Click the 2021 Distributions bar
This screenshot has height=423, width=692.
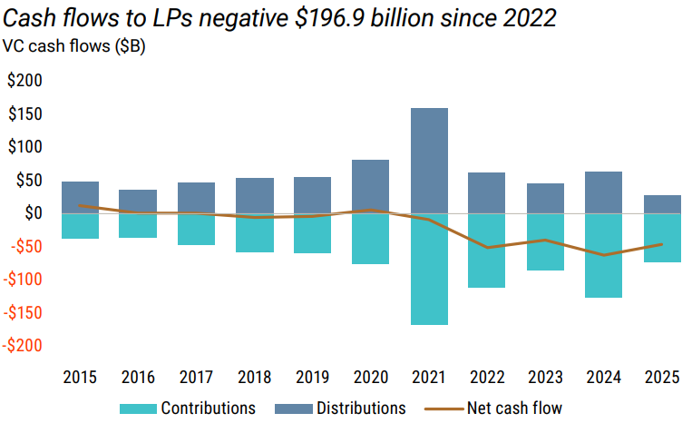coord(429,161)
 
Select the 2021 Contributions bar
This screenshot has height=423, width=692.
coord(429,269)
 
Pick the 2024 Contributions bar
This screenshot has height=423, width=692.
coord(603,255)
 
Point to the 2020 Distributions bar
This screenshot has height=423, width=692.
coord(371,186)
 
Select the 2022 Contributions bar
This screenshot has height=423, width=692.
coord(487,251)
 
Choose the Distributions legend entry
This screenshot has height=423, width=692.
coord(347,408)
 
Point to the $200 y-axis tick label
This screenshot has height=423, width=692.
coord(24,81)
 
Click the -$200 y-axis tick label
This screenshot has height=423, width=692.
coord(22,346)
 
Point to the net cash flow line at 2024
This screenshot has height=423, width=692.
coord(603,255)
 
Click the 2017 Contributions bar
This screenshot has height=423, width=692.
coord(196,229)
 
